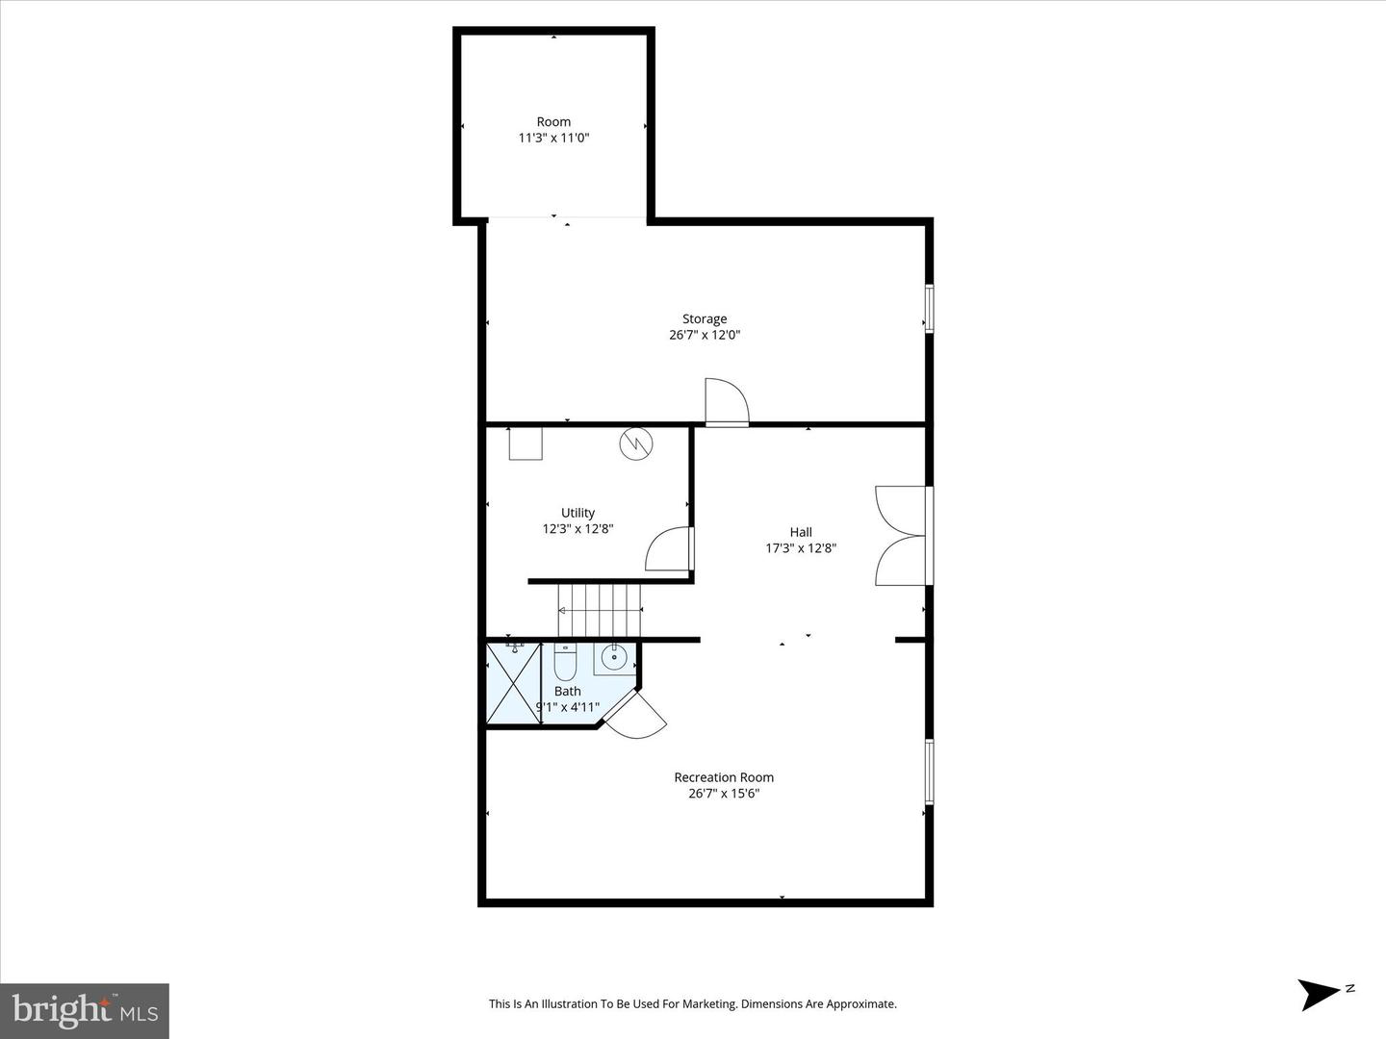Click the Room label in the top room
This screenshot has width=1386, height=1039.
tap(553, 122)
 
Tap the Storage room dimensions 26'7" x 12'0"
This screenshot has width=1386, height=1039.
tap(705, 336)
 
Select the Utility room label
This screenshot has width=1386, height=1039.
tap(577, 513)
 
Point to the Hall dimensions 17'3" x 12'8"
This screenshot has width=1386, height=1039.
tap(801, 548)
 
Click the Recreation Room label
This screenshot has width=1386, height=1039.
tap(724, 777)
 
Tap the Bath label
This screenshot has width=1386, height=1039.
tap(568, 691)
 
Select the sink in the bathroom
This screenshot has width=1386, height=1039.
tap(613, 658)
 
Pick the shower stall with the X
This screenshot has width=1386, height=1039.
tap(513, 684)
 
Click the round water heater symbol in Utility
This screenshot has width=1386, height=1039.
tap(636, 443)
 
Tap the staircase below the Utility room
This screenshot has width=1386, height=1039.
tap(600, 609)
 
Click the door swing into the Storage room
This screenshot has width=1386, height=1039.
tap(726, 401)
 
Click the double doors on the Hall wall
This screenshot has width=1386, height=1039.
tap(902, 536)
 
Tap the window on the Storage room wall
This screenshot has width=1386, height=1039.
tap(929, 309)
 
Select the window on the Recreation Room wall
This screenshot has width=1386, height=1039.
tap(929, 771)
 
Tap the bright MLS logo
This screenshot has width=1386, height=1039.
tap(85, 1010)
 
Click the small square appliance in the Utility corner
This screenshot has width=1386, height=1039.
tap(526, 443)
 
